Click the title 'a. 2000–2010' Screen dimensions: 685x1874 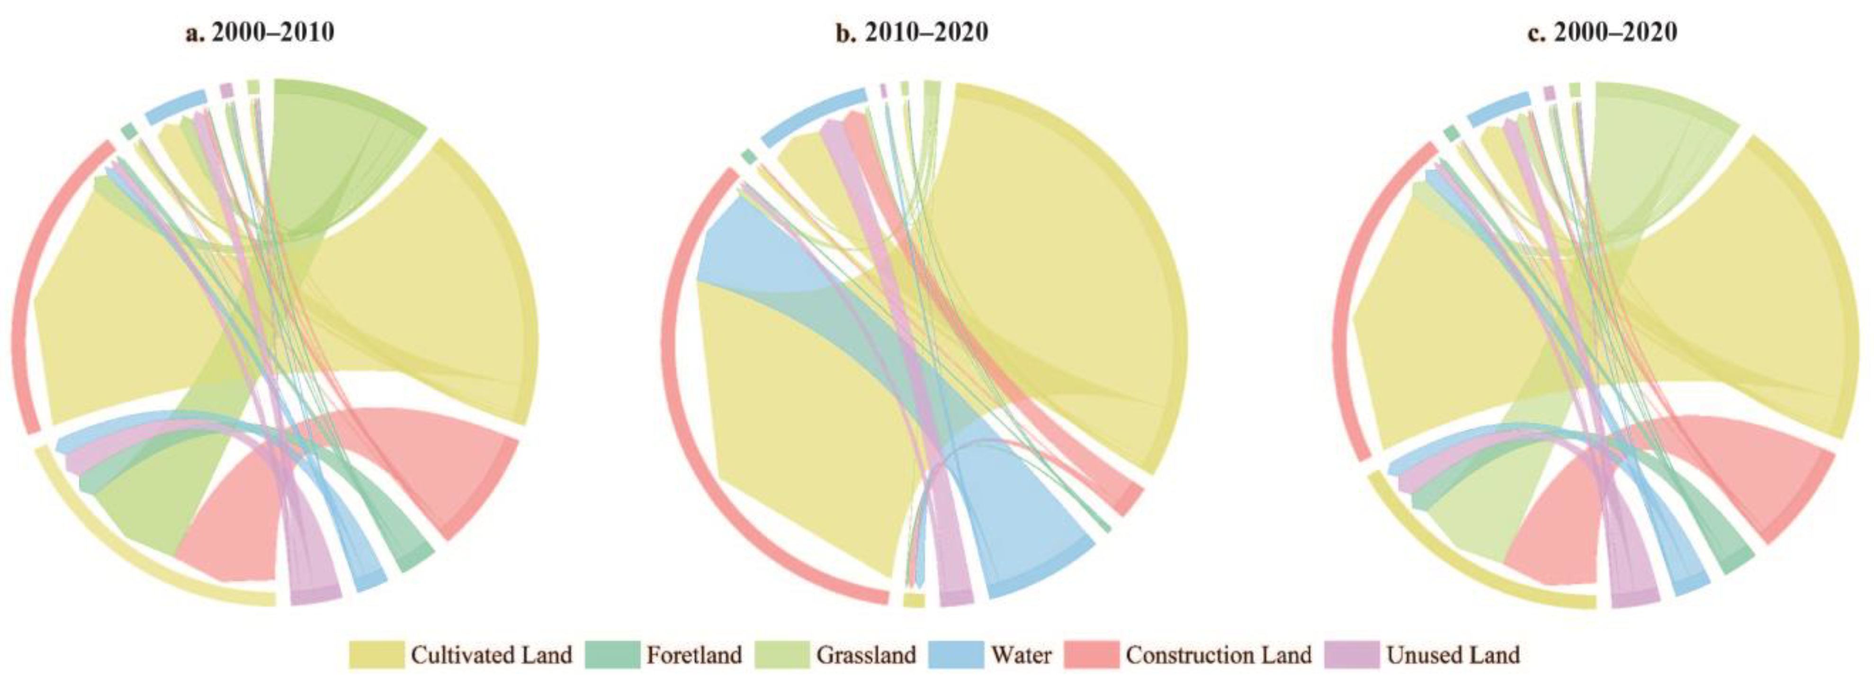[x=259, y=33]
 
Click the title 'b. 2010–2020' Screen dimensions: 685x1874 [x=913, y=33]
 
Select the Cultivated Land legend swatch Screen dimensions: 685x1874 [x=376, y=654]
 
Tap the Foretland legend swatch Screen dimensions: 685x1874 [x=612, y=654]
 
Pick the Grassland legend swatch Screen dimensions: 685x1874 [x=782, y=654]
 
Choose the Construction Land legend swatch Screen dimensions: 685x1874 [x=1091, y=654]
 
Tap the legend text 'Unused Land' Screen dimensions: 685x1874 [x=1453, y=654]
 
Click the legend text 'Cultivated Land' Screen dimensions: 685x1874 [x=492, y=654]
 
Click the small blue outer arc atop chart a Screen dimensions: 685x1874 [x=175, y=106]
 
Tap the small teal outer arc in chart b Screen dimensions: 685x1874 [x=748, y=156]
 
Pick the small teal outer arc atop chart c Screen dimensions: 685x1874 [x=1451, y=133]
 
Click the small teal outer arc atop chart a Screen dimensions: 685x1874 [x=129, y=130]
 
